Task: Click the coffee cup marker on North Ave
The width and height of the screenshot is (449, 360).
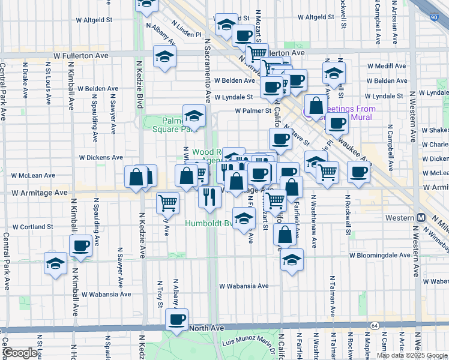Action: (x=176, y=319)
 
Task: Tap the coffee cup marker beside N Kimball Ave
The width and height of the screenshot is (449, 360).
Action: (x=80, y=245)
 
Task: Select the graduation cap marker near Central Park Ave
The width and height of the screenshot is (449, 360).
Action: (x=56, y=263)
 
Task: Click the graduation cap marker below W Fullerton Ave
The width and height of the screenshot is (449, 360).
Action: (x=164, y=56)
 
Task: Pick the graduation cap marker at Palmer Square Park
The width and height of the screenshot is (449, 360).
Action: (x=194, y=115)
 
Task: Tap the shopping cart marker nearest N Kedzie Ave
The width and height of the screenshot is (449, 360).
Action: (x=167, y=202)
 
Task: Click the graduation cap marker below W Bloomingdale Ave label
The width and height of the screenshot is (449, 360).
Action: (x=292, y=259)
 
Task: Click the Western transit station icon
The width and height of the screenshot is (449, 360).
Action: (x=421, y=217)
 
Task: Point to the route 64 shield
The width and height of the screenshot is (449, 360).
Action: (x=375, y=325)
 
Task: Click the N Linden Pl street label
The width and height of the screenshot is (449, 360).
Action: (x=186, y=29)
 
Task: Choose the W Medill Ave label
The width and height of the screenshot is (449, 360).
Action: (x=387, y=65)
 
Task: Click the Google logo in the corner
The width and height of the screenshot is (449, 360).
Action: (x=20, y=353)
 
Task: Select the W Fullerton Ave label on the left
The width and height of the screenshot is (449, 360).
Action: (x=80, y=55)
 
